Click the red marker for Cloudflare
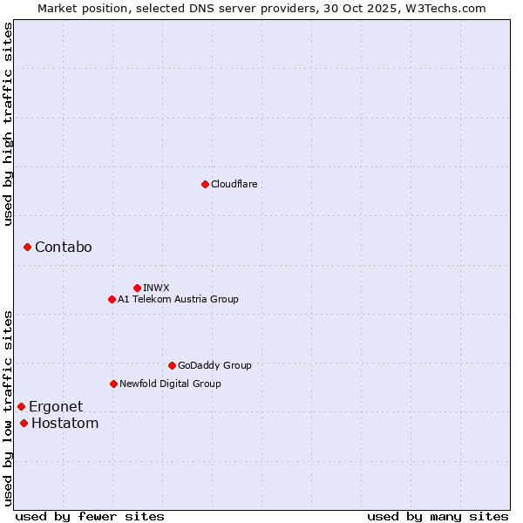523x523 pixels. click(x=205, y=184)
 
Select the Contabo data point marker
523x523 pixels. click(x=27, y=248)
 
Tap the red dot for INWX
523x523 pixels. click(x=137, y=288)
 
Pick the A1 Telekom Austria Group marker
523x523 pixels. click(x=112, y=299)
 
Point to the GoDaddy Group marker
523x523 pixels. click(x=172, y=365)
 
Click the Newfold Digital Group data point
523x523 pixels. click(x=113, y=384)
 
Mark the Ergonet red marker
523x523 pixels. click(x=21, y=406)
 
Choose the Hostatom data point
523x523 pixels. click(x=24, y=424)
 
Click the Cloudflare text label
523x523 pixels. click(x=234, y=184)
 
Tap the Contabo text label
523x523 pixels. click(x=63, y=248)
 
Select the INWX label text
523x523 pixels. click(x=156, y=288)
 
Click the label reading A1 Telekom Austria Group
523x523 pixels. click(x=178, y=299)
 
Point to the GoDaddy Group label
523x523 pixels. click(x=214, y=365)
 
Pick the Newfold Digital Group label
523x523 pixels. click(x=170, y=384)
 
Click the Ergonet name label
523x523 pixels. click(x=56, y=406)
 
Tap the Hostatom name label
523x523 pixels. click(x=65, y=424)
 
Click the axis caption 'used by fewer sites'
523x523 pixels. click(x=90, y=516)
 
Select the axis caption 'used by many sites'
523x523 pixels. click(x=438, y=516)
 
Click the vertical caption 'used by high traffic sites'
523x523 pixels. click(x=9, y=124)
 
